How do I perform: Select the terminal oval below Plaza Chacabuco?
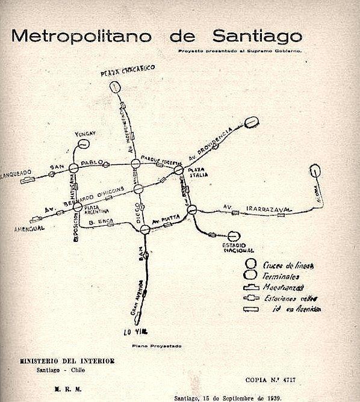[116, 87]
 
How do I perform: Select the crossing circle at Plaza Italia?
[179, 171]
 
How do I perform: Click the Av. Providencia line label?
[209, 145]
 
